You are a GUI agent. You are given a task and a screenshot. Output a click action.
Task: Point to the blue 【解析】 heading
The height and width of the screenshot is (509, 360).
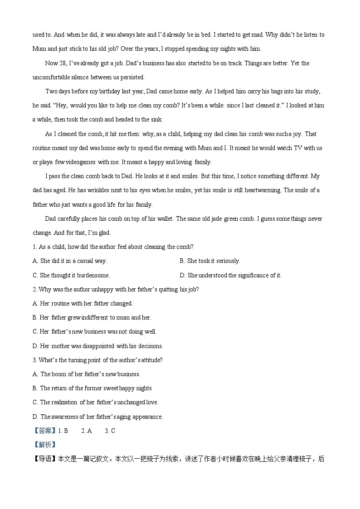pyautogui.click(x=44, y=445)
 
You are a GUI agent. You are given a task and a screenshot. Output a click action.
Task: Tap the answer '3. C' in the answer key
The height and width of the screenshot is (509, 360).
pyautogui.click(x=110, y=431)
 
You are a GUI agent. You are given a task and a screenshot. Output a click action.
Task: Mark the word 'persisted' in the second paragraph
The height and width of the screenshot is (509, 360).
pyautogui.click(x=131, y=78)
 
